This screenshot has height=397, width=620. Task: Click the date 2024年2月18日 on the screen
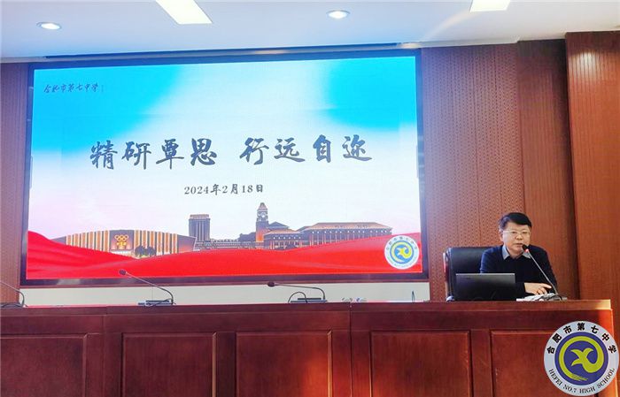click(x=223, y=189)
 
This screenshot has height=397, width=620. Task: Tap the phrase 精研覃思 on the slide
click(x=153, y=153)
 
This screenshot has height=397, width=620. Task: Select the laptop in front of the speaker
click(x=484, y=286)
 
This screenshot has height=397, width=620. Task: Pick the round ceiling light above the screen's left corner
click(x=49, y=26)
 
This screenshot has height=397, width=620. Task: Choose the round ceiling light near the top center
click(x=337, y=14)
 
